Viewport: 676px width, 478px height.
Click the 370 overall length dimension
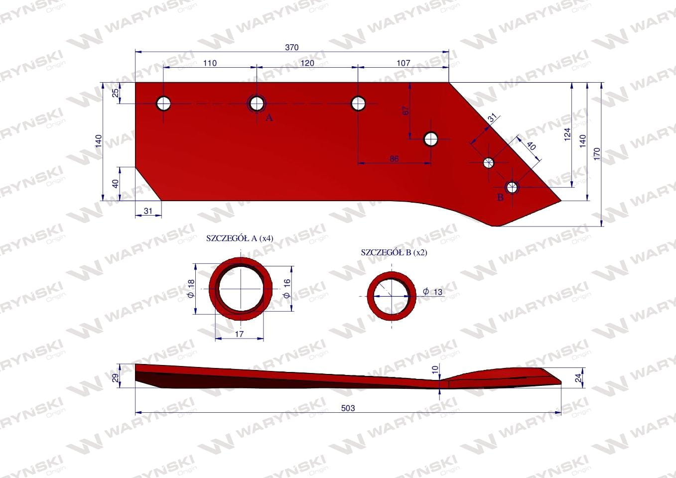tap(291, 47)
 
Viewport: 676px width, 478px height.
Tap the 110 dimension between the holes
tap(210, 63)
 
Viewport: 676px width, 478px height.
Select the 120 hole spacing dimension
tap(307, 63)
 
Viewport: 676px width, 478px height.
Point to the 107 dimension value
tap(403, 63)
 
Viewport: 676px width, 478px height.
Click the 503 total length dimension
tap(348, 408)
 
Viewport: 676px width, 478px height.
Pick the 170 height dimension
tap(597, 154)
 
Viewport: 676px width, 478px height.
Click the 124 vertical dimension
tap(567, 134)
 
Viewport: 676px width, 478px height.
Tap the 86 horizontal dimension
tap(394, 159)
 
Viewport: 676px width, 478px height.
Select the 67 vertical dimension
tap(406, 111)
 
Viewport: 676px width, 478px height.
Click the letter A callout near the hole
tap(269, 118)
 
